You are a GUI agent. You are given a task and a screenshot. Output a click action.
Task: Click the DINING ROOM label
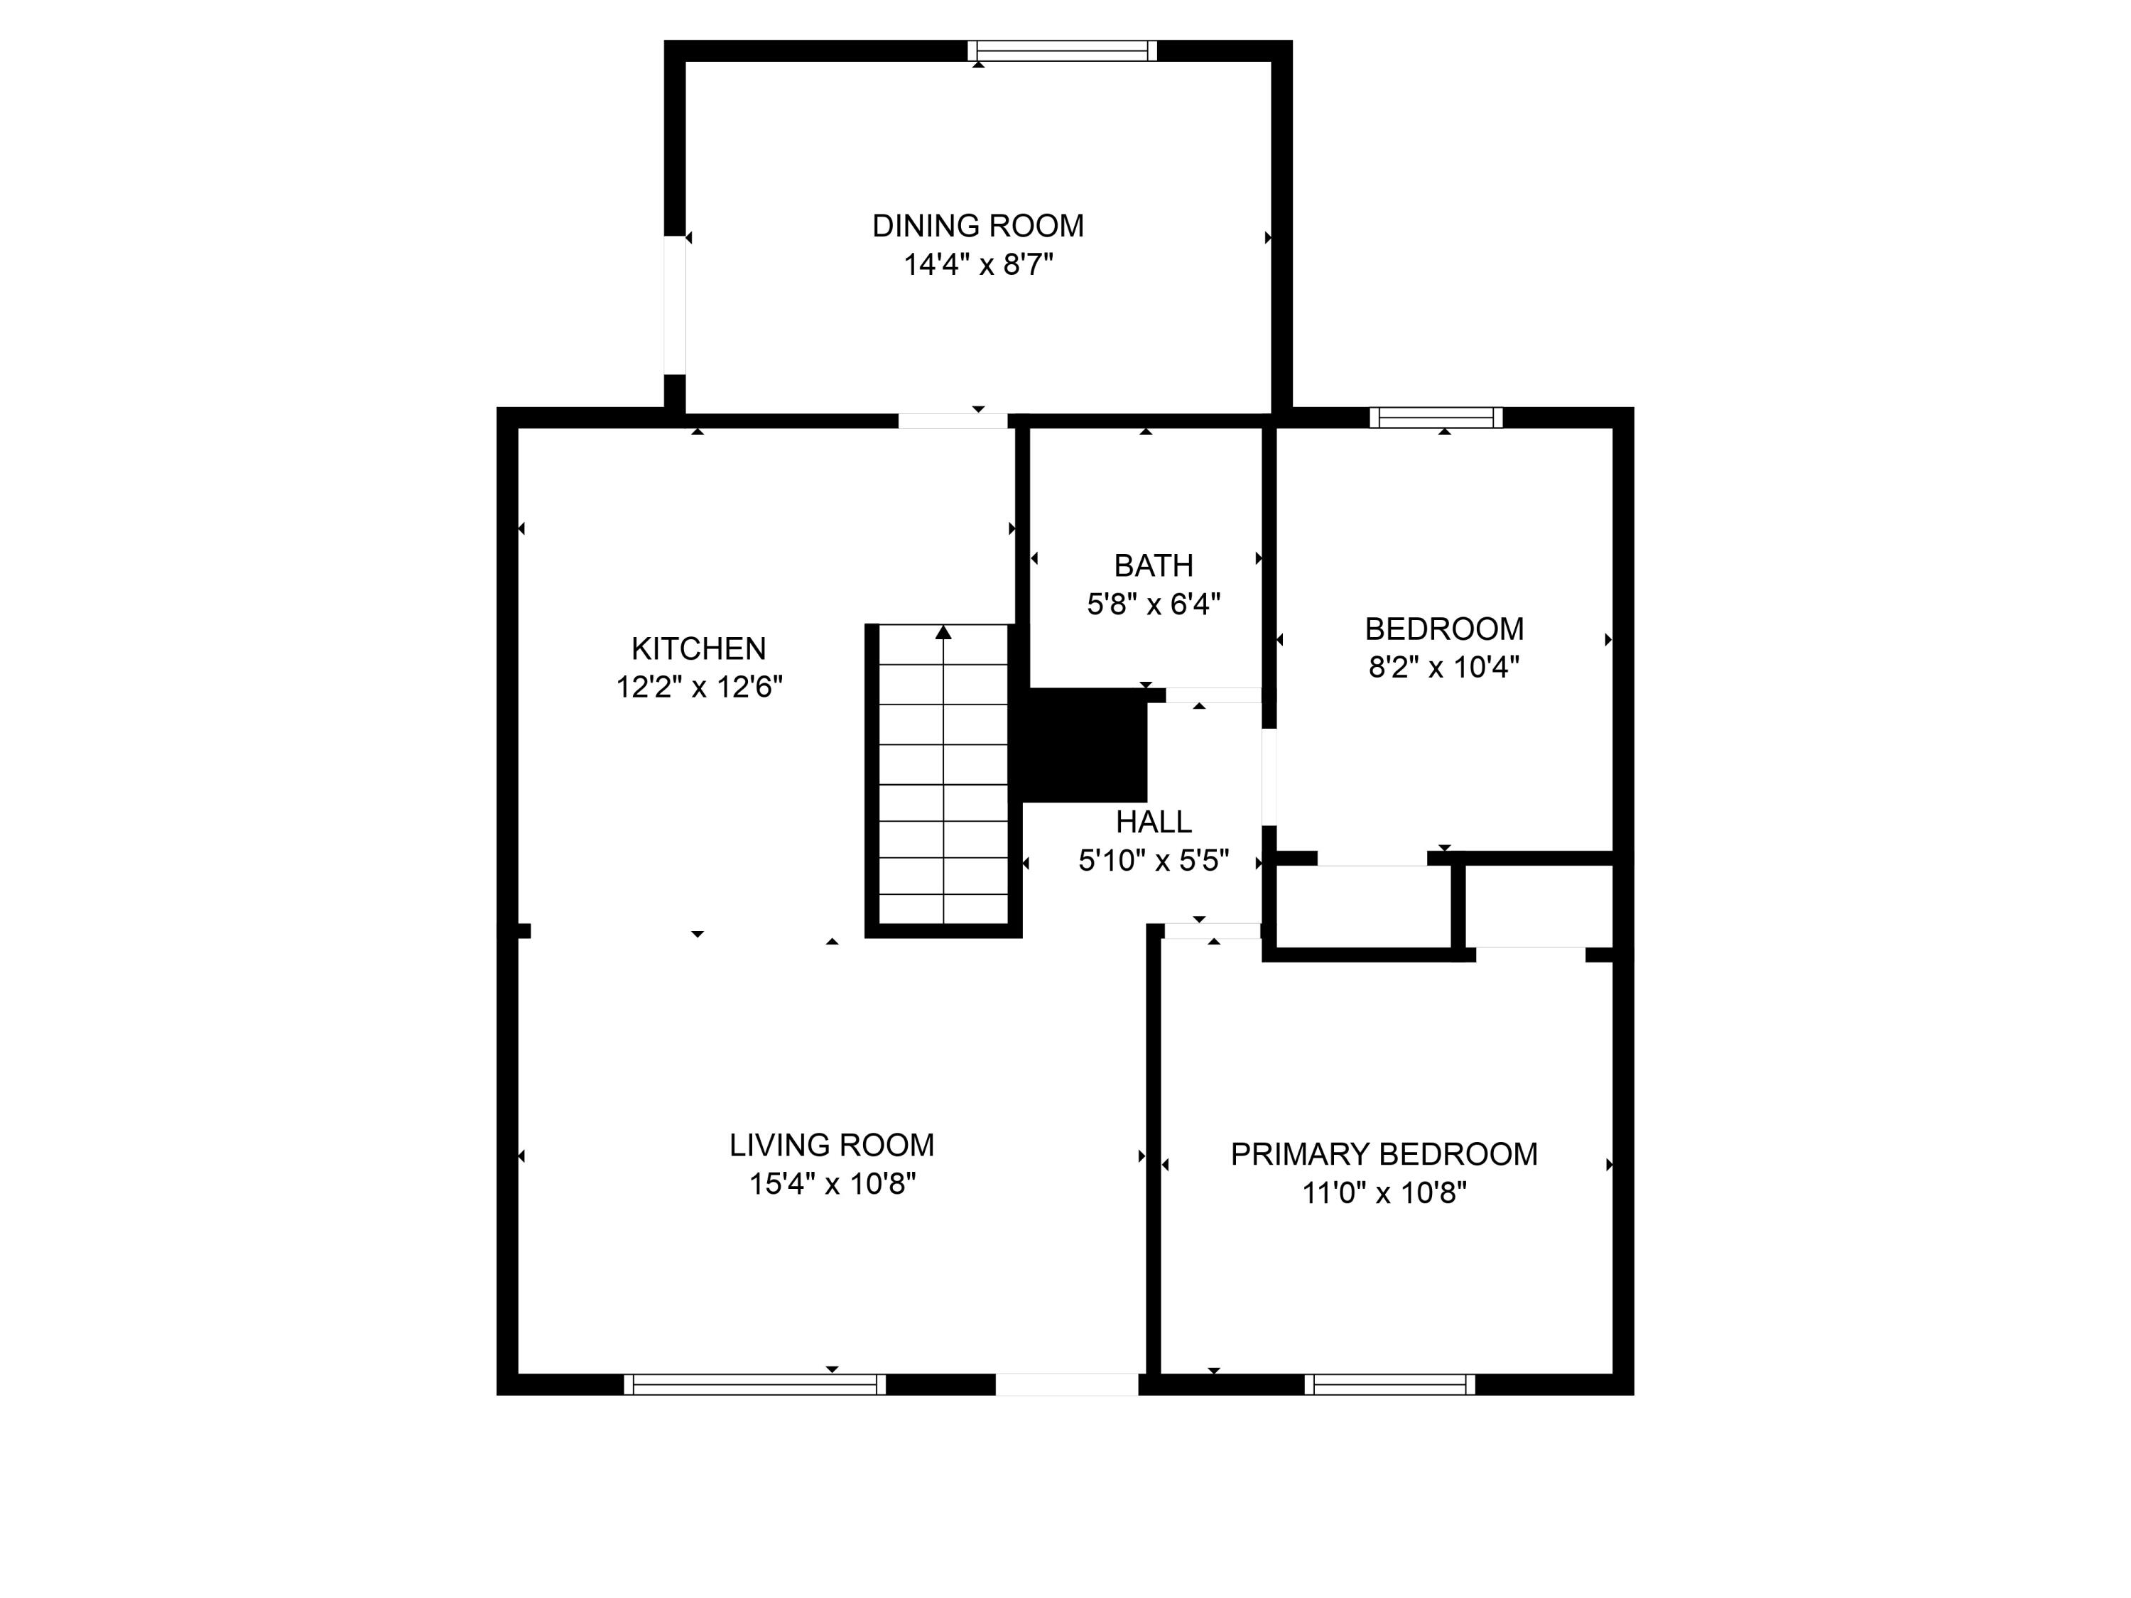[x=978, y=225]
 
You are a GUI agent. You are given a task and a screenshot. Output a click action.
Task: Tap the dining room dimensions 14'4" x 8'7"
[x=978, y=265]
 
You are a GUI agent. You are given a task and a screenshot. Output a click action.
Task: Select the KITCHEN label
[x=698, y=648]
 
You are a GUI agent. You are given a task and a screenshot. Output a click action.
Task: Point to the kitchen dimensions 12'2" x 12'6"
[x=698, y=687]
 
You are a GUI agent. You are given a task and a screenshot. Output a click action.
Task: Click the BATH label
[x=1153, y=565]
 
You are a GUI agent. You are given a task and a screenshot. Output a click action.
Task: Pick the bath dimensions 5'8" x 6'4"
[x=1153, y=604]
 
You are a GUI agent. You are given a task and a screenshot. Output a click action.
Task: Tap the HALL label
[x=1153, y=822]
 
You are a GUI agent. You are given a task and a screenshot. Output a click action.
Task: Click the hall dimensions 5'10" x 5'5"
[x=1153, y=860]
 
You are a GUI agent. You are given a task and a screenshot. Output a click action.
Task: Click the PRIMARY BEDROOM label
[x=1384, y=1154]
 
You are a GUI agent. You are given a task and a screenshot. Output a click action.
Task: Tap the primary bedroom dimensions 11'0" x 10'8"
[x=1384, y=1193]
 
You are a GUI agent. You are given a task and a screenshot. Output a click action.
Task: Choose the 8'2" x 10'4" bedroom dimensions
[x=1443, y=667]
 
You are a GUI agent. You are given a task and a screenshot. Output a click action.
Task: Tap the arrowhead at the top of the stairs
[x=943, y=633]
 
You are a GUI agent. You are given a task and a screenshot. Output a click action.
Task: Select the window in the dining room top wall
[x=1062, y=51]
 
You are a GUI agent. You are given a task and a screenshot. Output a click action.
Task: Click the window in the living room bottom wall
[x=754, y=1384]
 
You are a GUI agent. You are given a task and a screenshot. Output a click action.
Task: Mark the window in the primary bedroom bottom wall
[x=1389, y=1384]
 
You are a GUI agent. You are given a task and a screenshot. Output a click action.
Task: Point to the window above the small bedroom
[x=1436, y=417]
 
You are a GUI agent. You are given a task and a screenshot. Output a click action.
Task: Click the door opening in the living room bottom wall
[x=1066, y=1384]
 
